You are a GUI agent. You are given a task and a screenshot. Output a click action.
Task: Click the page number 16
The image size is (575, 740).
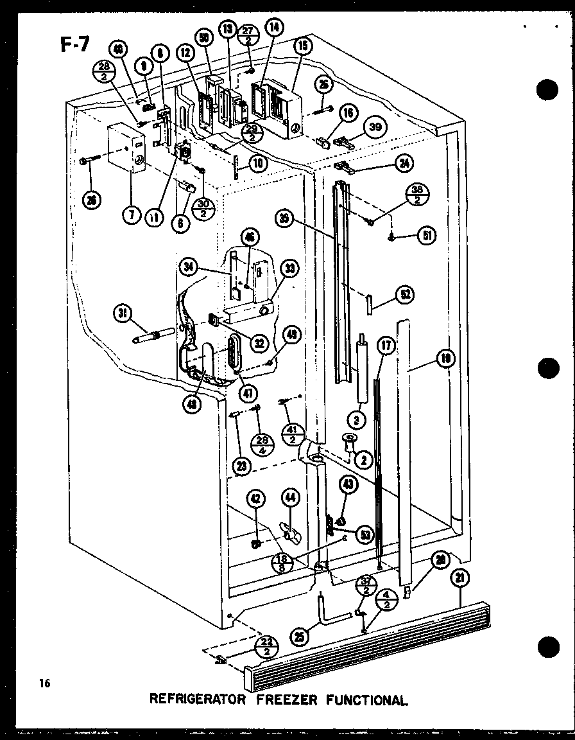pos(44,683)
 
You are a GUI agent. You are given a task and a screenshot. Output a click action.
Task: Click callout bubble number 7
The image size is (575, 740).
pos(131,215)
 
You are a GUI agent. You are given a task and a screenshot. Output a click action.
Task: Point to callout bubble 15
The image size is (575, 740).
pos(302,46)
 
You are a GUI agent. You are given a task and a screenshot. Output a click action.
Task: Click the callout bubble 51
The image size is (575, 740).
pos(426,235)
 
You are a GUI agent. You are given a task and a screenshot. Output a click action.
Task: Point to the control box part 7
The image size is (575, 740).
pos(126,148)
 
